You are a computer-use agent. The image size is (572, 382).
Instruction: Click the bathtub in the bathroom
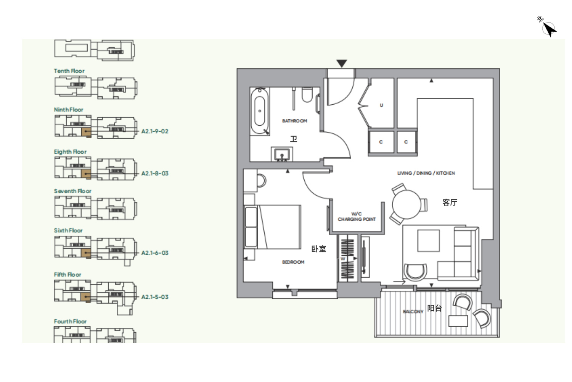(260, 111)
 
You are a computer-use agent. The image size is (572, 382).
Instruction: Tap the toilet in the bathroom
(307, 95)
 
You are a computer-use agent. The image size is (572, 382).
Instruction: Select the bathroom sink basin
(282, 154)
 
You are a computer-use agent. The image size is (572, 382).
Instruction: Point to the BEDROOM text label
(293, 262)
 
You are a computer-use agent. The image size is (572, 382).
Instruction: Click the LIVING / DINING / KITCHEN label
(426, 173)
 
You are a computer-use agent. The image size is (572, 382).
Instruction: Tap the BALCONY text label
(413, 312)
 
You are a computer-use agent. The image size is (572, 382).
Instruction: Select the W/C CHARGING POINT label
(357, 217)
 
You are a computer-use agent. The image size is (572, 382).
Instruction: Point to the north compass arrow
(550, 30)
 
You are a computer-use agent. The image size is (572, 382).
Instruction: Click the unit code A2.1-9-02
(155, 131)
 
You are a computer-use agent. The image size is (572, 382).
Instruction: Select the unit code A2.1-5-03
(155, 297)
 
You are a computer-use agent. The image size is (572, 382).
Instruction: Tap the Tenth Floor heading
(69, 71)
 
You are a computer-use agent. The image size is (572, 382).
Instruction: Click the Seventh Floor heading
(72, 191)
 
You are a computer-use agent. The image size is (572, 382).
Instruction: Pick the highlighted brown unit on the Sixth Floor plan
(86, 253)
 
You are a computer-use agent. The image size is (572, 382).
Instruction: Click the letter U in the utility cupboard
(381, 105)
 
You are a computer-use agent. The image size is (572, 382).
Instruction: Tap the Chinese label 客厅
(450, 202)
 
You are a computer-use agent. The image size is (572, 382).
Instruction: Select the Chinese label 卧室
(319, 249)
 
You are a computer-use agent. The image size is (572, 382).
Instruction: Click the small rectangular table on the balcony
(458, 321)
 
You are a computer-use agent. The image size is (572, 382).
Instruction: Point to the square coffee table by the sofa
(429, 241)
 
